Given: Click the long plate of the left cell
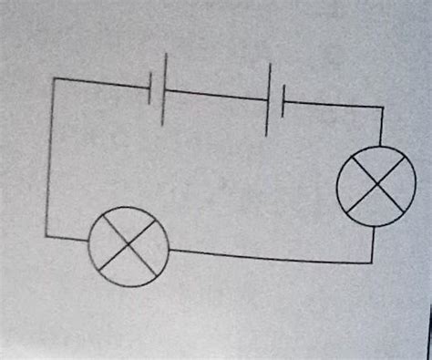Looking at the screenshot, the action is click(x=164, y=87).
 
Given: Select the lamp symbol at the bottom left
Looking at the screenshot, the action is click(x=129, y=244).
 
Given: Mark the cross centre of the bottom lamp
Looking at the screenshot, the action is click(x=129, y=244).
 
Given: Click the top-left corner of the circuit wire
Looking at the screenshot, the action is click(x=54, y=78).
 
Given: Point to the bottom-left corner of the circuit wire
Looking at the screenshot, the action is click(x=46, y=236).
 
